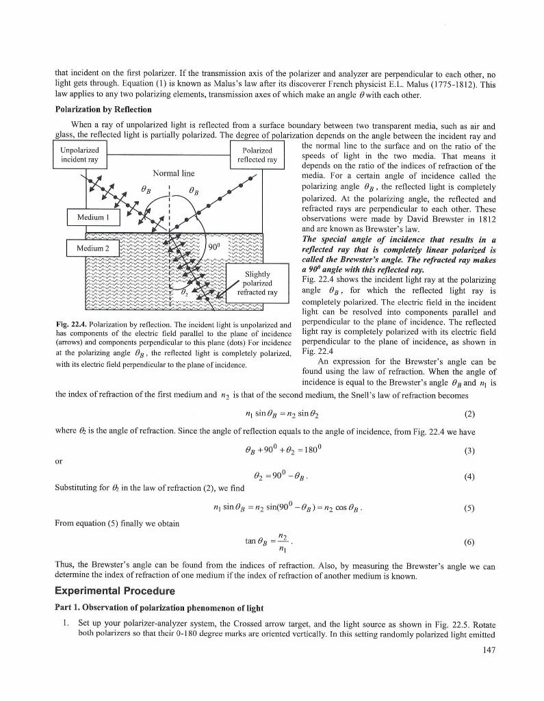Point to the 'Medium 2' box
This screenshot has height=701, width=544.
[94, 246]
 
